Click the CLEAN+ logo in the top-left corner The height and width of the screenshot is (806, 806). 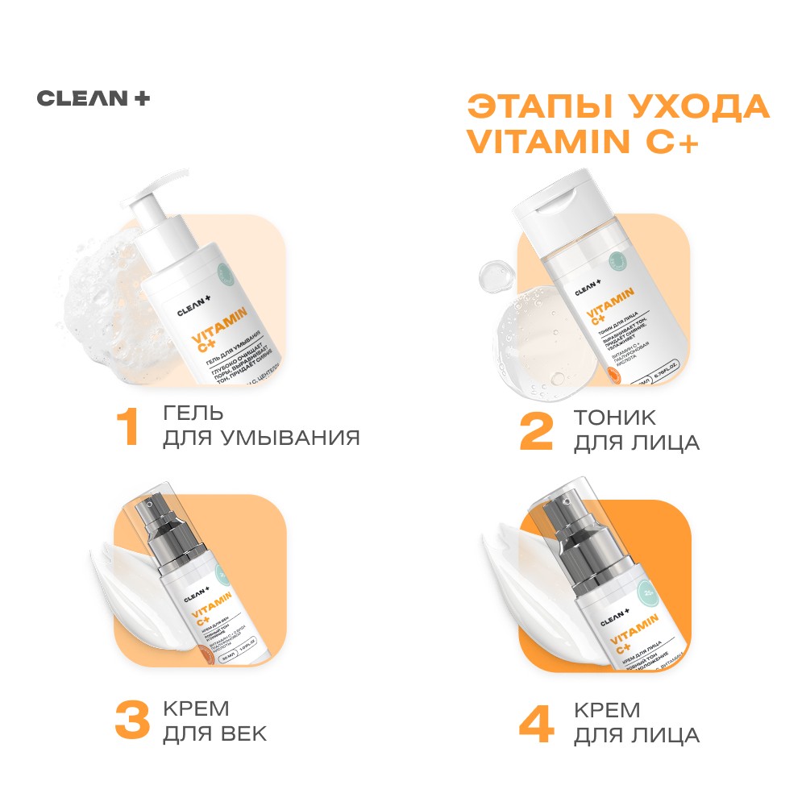click(93, 98)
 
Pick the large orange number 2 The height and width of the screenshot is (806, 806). click(536, 431)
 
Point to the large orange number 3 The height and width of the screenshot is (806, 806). click(131, 721)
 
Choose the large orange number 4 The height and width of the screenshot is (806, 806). click(536, 723)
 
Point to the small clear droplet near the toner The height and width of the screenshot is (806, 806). click(493, 276)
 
